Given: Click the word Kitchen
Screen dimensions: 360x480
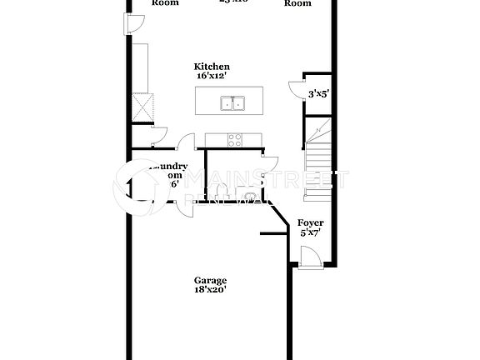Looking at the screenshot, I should [212, 67].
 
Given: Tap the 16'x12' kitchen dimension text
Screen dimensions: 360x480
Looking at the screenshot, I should [212, 76].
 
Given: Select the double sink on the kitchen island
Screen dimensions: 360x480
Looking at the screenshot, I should [232, 103].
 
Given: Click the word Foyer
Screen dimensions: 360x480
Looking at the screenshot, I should [311, 224].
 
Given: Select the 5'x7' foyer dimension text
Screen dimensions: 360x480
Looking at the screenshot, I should [311, 234].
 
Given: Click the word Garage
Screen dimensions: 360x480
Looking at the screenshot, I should [211, 281].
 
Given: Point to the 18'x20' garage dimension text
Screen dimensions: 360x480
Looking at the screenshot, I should [211, 291].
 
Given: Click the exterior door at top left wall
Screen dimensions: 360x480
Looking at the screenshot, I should [133, 25].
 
